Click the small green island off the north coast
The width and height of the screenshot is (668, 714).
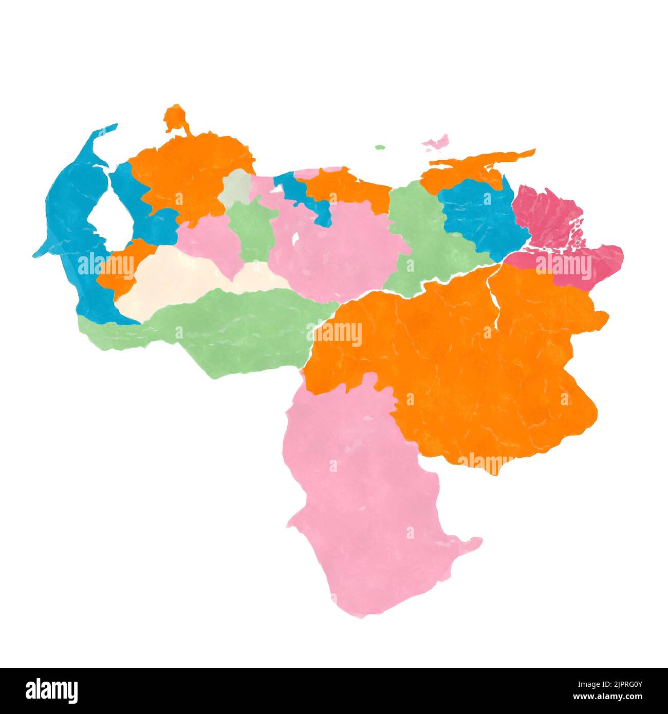click(x=380, y=147)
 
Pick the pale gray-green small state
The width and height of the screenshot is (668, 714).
click(x=235, y=187)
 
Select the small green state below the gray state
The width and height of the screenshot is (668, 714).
click(x=252, y=226)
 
